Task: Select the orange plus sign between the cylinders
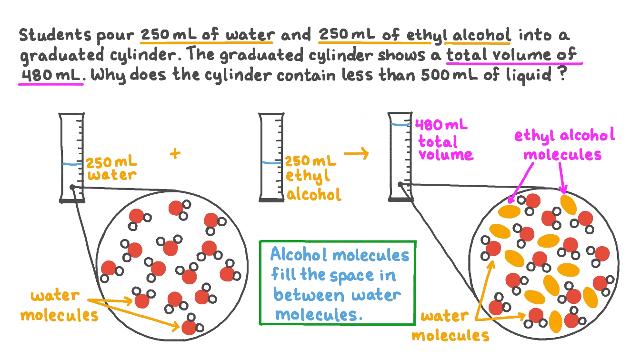[x=175, y=153]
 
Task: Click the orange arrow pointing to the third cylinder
[x=356, y=153]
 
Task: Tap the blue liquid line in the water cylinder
[x=72, y=164]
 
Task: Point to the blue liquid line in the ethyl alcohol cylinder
[x=272, y=162]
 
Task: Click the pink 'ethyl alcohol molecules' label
[x=564, y=144]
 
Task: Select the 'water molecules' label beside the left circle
[x=60, y=305]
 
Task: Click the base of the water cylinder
[x=72, y=200]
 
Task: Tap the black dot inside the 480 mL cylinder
[x=400, y=184]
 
